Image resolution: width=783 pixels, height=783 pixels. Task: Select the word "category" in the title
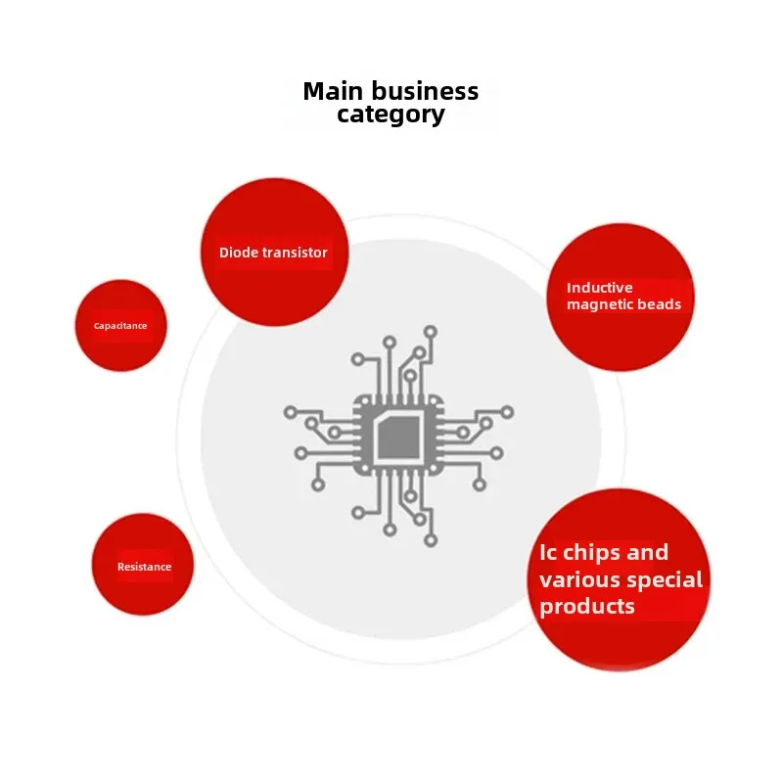coord(391,115)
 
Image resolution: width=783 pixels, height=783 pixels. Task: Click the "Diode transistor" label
coord(273,253)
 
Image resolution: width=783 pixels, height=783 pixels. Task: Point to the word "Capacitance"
coord(120,326)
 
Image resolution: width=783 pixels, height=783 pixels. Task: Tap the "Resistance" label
coord(144,567)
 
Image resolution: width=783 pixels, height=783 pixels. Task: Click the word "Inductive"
coord(600,288)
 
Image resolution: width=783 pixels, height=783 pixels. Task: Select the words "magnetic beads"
coord(623,304)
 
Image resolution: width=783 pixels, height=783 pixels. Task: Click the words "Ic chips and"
coord(604,552)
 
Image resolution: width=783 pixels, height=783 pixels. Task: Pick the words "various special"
coord(621,579)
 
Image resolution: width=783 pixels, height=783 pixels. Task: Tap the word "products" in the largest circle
coord(587,607)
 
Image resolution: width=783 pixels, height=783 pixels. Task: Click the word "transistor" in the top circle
coord(293,253)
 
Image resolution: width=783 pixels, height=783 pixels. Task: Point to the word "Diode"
coord(237,253)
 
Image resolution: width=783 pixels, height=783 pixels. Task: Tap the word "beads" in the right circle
coord(661,304)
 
